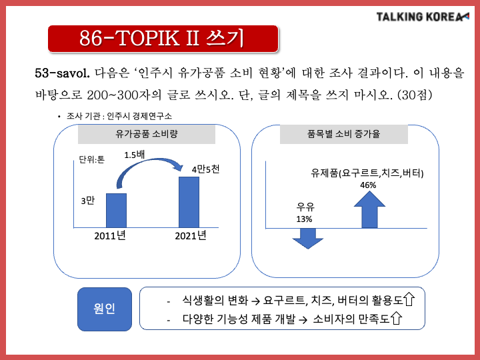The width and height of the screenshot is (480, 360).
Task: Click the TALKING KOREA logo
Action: (423, 17)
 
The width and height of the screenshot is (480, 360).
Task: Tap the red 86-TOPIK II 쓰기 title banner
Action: (163, 39)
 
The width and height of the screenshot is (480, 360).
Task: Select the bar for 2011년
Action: (116, 210)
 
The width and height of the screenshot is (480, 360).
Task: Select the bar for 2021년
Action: (189, 202)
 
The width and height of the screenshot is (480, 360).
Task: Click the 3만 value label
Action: (88, 201)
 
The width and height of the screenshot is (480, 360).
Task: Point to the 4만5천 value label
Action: (205, 169)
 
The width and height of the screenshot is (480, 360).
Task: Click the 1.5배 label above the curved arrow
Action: (135, 155)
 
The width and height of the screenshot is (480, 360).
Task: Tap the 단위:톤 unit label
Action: (92, 159)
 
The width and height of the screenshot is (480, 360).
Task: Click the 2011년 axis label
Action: (110, 236)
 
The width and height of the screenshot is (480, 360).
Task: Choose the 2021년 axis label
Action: (191, 236)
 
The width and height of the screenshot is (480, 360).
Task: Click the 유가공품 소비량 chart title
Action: (146, 134)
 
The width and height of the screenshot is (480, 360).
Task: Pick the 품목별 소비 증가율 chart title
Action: (343, 134)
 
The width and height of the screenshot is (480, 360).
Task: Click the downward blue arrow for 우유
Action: (307, 239)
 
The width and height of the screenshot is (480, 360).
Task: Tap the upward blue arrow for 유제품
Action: (369, 210)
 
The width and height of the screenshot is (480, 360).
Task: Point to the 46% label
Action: (368, 185)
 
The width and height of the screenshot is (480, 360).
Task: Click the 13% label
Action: (304, 219)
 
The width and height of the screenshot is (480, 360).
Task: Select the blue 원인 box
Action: (105, 309)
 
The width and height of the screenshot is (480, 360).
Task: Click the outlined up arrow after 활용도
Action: (409, 299)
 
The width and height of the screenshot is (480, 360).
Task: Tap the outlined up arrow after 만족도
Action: (397, 318)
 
